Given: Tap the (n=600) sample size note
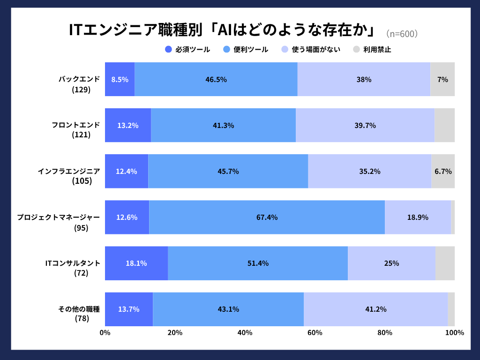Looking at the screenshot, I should pyautogui.click(x=401, y=34).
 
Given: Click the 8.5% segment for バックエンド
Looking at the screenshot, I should pyautogui.click(x=120, y=79).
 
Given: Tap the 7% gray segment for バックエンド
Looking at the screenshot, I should pyautogui.click(x=442, y=79).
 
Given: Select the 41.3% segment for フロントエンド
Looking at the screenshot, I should pyautogui.click(x=223, y=125).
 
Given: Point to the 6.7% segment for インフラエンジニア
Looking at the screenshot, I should pyautogui.click(x=443, y=171).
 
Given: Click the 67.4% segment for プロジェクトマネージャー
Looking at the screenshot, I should pyautogui.click(x=267, y=217).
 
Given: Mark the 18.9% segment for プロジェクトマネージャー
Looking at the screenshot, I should pyautogui.click(x=418, y=217).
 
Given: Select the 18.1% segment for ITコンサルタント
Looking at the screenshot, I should pyautogui.click(x=136, y=263).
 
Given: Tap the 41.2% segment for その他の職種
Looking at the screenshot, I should pyautogui.click(x=375, y=309).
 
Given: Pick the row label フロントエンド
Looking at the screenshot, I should pyautogui.click(x=75, y=125).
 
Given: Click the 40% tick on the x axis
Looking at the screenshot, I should pyautogui.click(x=245, y=333).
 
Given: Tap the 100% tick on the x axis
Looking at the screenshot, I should pyautogui.click(x=454, y=333).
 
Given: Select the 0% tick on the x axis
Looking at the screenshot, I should pyautogui.click(x=105, y=333).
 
